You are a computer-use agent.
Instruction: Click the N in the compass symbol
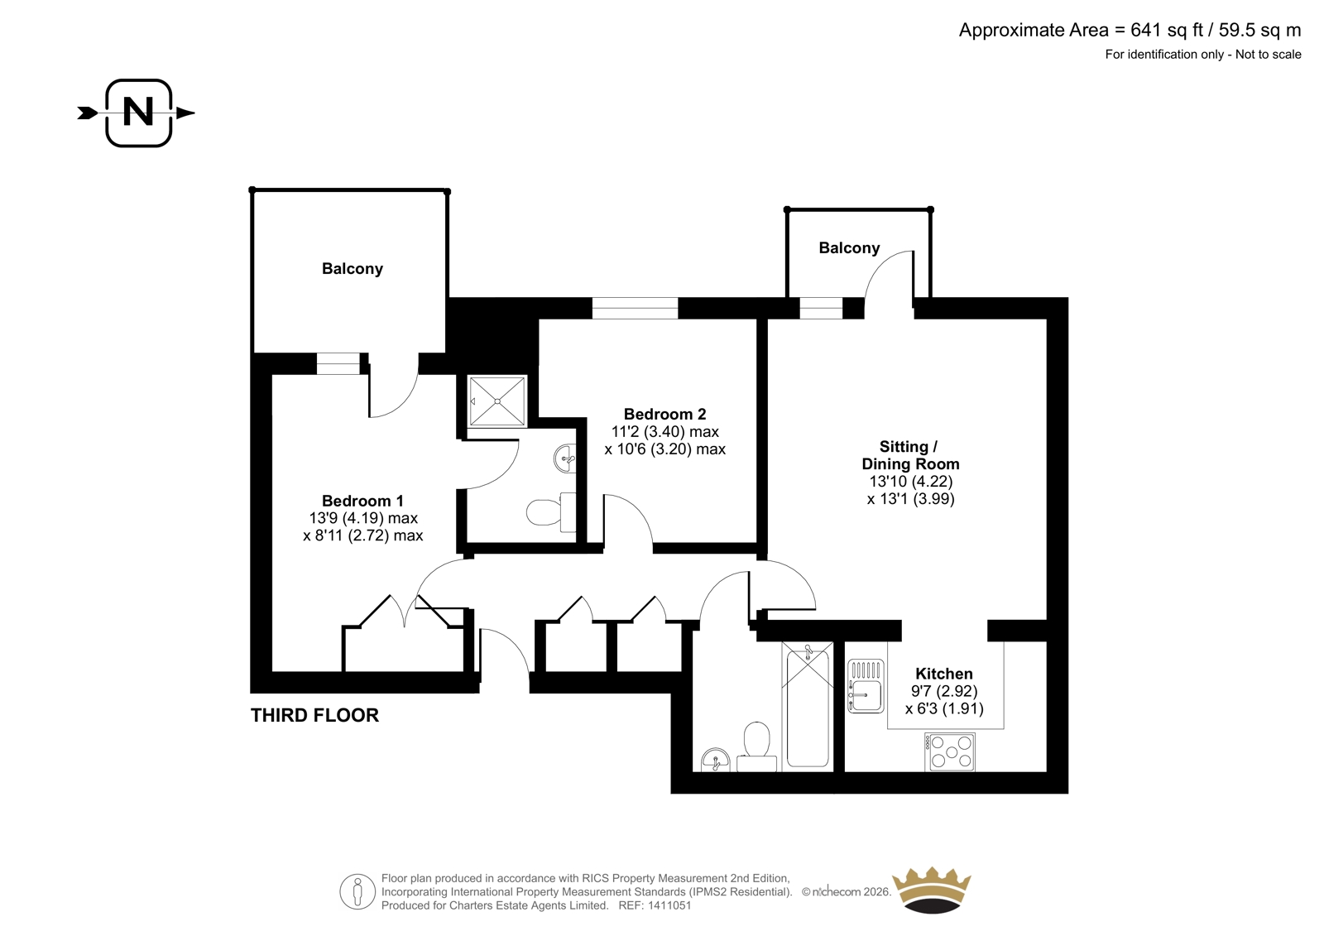coord(138,112)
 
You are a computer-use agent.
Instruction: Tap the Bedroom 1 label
coord(362,501)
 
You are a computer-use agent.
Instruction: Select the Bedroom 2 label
coord(665,414)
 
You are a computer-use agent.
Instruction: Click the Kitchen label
coord(944,674)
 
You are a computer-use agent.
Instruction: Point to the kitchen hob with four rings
coord(950,752)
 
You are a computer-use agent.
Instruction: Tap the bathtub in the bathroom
coord(808,707)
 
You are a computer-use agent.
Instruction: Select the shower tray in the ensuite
coord(497,401)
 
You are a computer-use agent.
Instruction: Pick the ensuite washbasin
coord(566,458)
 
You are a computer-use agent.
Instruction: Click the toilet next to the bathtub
coord(756,746)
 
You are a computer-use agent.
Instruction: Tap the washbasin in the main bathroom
coord(716,761)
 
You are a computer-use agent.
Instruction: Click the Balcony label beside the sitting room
coord(849,247)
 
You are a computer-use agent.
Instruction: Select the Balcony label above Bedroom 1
coord(353,268)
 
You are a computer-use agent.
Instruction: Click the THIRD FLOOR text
coord(314,716)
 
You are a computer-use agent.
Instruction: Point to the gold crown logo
coord(932,890)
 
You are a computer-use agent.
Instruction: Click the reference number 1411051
coord(669,905)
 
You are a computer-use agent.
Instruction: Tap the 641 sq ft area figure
coord(1167,30)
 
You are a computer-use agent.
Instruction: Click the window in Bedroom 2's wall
coord(635,308)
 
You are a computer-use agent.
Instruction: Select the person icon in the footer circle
coord(357,891)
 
